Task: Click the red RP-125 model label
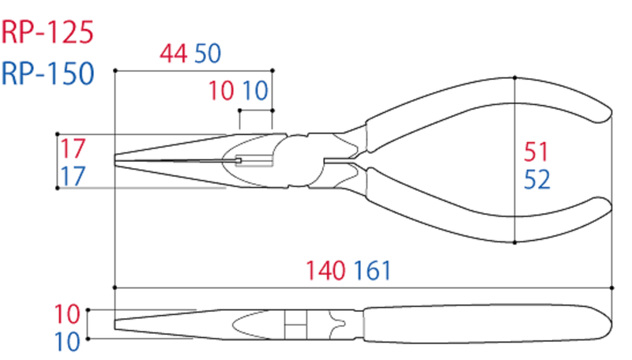tap(47, 32)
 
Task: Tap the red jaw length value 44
tap(173, 54)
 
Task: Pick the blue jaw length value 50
tap(207, 54)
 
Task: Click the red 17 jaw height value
tap(73, 148)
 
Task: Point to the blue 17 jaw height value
tap(73, 176)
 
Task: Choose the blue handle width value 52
tap(536, 181)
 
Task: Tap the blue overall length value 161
tap(371, 272)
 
